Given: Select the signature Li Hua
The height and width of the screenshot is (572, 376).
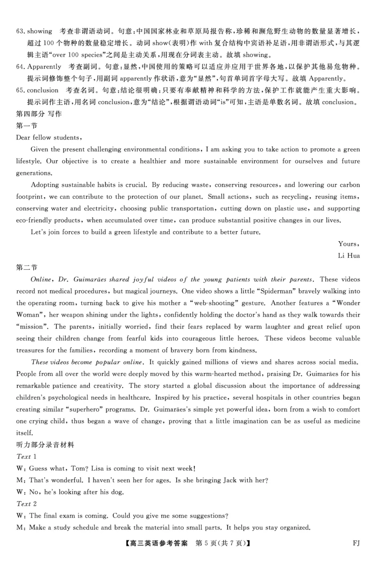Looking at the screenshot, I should click(x=349, y=255).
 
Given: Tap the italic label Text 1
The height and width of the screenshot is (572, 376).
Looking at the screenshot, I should click(x=26, y=456).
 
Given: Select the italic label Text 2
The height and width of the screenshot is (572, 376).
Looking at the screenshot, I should click(x=26, y=503).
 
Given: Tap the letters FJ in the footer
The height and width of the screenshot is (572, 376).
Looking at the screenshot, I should click(x=356, y=543).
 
